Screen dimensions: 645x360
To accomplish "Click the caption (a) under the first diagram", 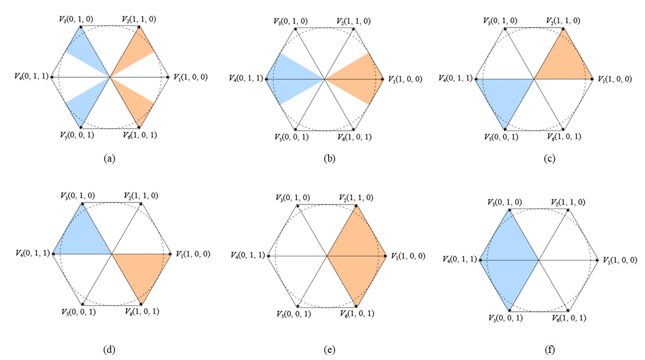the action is click(x=109, y=159).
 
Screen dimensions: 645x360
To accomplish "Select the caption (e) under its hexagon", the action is click(x=329, y=350).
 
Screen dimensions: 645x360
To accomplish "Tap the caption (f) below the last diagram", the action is click(x=549, y=350).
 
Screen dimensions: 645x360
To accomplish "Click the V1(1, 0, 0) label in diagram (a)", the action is click(x=191, y=77).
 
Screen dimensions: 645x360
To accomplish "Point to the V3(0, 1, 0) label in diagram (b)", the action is click(x=291, y=21).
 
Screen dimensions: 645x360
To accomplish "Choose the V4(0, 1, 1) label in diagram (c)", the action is click(x=456, y=78).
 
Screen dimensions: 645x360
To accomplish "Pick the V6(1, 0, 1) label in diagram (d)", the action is click(x=142, y=311).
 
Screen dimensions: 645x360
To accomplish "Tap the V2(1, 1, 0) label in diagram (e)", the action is click(x=356, y=198).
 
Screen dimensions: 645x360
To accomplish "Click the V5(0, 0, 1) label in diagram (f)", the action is click(x=506, y=318).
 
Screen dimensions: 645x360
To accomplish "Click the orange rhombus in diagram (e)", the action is click(x=357, y=256).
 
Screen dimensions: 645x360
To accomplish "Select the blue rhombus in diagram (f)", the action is click(x=509, y=260).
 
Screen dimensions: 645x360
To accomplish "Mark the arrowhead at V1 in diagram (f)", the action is click(x=597, y=260).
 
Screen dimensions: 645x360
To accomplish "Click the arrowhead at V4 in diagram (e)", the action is click(x=269, y=256).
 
